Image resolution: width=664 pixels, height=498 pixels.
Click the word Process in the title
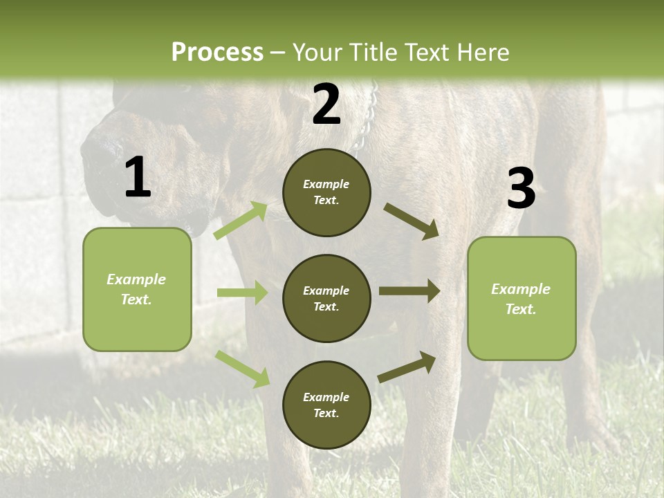(217, 53)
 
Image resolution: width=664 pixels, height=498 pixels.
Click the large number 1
(138, 178)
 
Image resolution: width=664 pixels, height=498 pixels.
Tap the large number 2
(326, 104)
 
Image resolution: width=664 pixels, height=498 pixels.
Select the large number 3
(521, 189)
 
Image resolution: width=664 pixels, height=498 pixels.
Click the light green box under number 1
(137, 289)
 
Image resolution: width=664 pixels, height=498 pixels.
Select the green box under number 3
(522, 298)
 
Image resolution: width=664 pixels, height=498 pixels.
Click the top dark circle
(326, 192)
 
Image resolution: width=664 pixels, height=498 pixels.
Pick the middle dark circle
(326, 298)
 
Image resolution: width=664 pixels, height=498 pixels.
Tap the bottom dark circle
(326, 405)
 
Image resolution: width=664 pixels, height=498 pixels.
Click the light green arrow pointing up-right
(241, 221)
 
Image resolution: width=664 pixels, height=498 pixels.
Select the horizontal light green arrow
(242, 293)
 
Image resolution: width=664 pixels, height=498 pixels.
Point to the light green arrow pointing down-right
(242, 369)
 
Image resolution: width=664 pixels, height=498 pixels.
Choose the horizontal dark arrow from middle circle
(409, 291)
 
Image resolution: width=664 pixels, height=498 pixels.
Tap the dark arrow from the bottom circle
(407, 367)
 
